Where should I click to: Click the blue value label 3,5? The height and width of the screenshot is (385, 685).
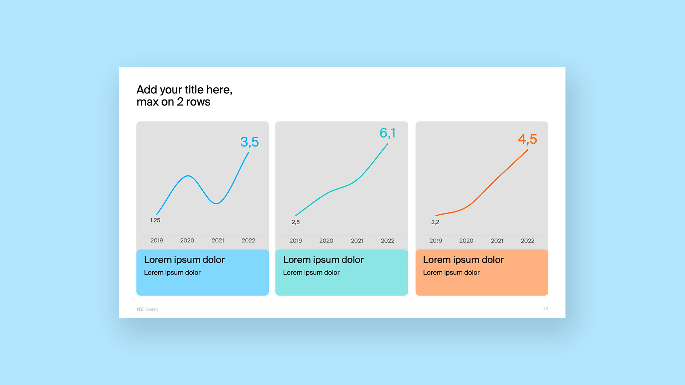pyautogui.click(x=249, y=142)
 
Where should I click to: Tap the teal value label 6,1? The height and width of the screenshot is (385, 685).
pyautogui.click(x=387, y=133)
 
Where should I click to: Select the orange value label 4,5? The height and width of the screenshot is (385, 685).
pyautogui.click(x=527, y=139)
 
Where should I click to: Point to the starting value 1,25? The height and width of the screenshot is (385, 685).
pyautogui.click(x=155, y=220)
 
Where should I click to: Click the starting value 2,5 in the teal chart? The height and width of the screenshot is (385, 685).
pyautogui.click(x=295, y=222)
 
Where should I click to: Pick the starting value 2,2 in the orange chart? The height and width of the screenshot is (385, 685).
pyautogui.click(x=435, y=222)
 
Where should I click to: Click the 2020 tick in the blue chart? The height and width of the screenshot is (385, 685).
pyautogui.click(x=187, y=241)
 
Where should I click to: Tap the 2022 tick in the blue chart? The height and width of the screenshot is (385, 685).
pyautogui.click(x=248, y=241)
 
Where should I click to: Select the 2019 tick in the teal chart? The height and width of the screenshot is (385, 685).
pyautogui.click(x=295, y=241)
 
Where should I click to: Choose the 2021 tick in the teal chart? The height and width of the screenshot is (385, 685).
pyautogui.click(x=357, y=241)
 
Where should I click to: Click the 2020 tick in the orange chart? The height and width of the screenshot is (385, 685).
pyautogui.click(x=466, y=241)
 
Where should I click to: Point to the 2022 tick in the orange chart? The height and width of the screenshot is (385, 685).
pyautogui.click(x=527, y=241)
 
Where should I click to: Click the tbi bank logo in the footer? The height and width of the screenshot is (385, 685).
pyautogui.click(x=147, y=309)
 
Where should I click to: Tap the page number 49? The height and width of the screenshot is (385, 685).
pyautogui.click(x=545, y=309)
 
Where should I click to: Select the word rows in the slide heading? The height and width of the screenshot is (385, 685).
pyautogui.click(x=198, y=102)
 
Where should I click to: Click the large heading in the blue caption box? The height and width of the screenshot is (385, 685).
pyautogui.click(x=184, y=260)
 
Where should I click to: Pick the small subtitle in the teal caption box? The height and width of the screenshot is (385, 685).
pyautogui.click(x=311, y=272)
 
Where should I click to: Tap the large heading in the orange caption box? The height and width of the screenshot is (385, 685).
pyautogui.click(x=463, y=260)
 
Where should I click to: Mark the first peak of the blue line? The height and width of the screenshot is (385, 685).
pyautogui.click(x=188, y=176)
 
